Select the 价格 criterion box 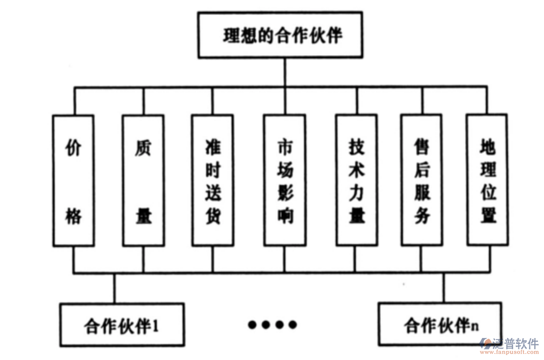74,180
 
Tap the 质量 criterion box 144,180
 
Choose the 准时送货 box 212,180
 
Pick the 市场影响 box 285,180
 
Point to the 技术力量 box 356,180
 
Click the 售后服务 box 422,180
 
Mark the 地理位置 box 487,180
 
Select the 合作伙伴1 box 122,325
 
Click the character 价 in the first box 74,149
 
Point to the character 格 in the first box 74,216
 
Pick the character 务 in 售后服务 422,216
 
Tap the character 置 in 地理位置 487,216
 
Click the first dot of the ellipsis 253,324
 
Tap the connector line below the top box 285,73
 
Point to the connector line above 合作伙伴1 115,288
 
